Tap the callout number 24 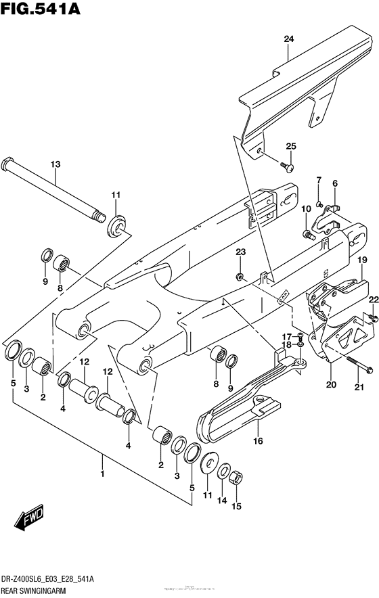coord(288,40)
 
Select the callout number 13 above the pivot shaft coord(55,164)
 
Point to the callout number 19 coord(362,260)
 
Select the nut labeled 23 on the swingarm coord(240,277)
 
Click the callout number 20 coord(330,386)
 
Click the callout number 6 coord(334,183)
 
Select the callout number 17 coord(286,336)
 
